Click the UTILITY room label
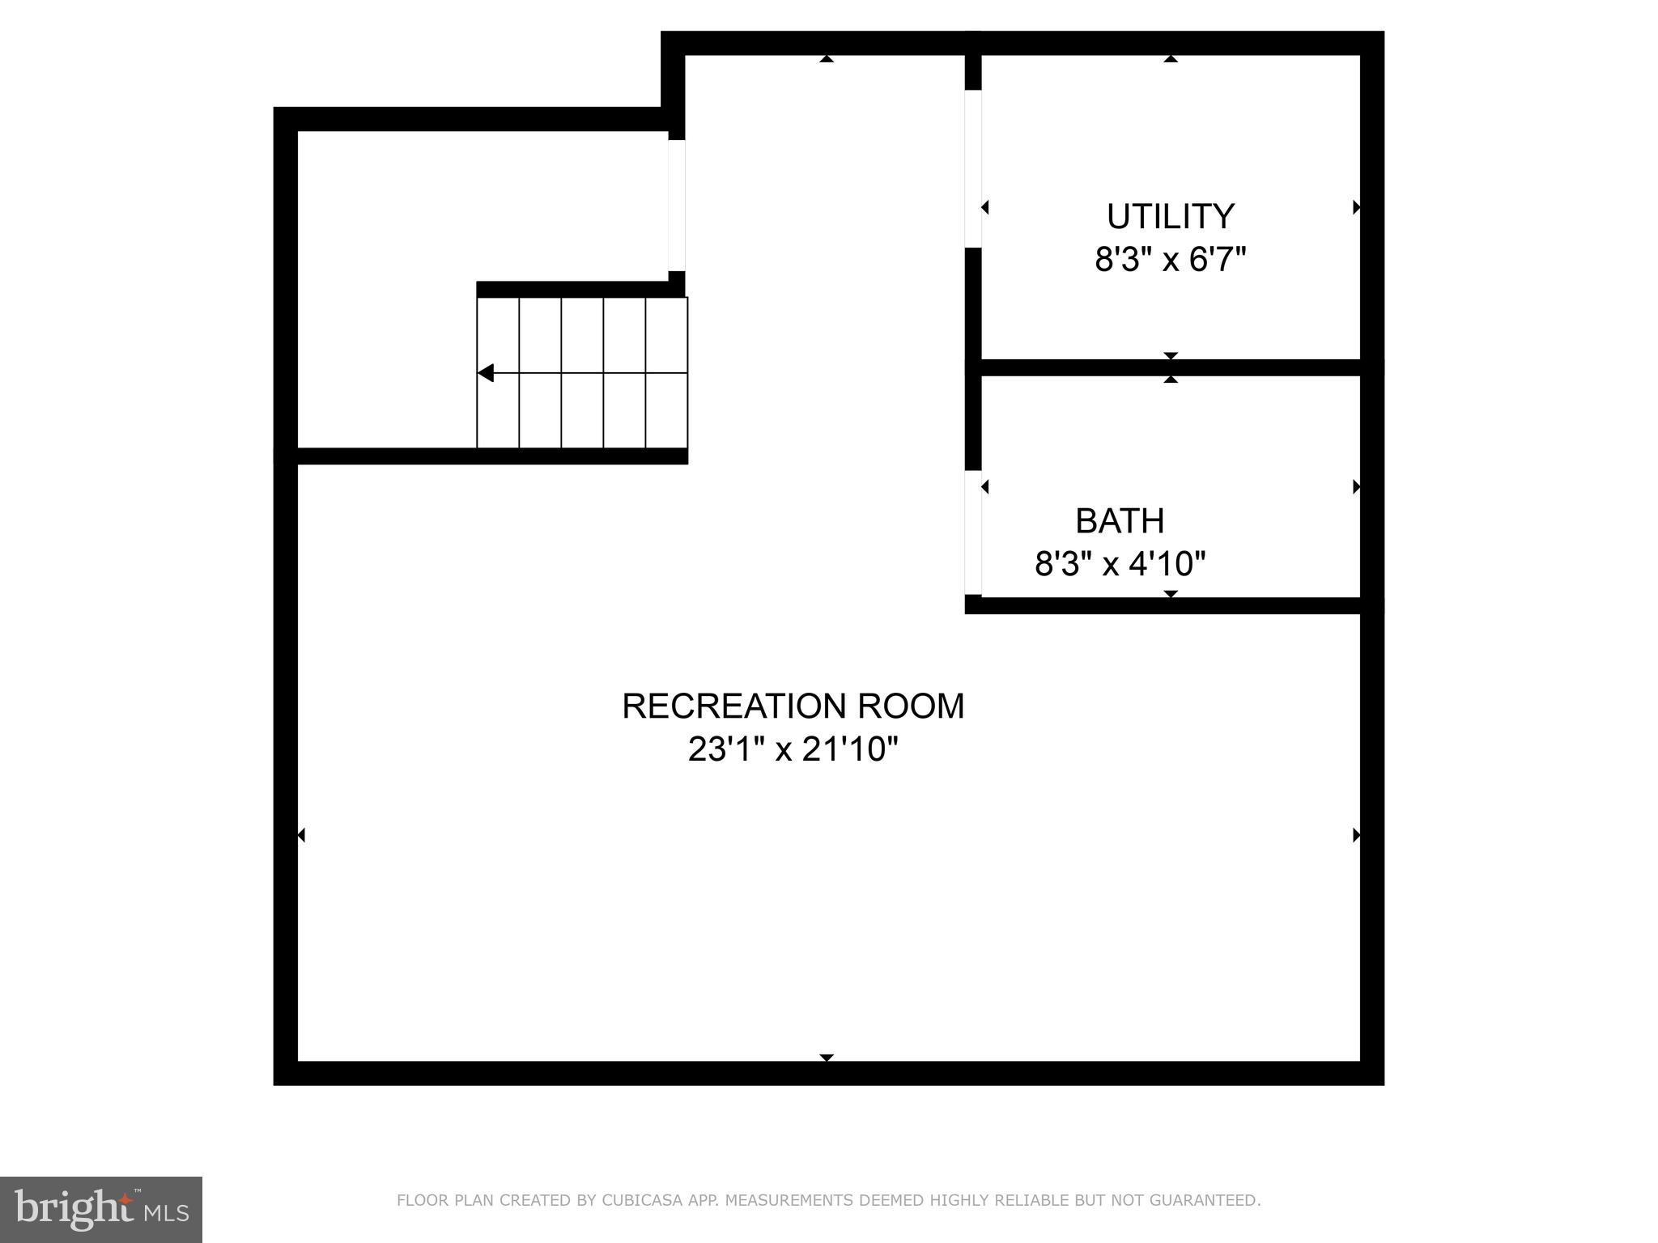pos(1170,217)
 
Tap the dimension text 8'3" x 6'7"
pos(1170,261)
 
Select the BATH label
pos(1120,521)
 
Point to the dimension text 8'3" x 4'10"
pos(1120,564)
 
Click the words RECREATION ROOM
pos(793,706)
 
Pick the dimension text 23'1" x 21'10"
pos(793,749)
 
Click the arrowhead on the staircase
pos(486,373)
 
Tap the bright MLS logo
pos(100,1209)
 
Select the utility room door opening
pos(973,168)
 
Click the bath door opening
pos(973,532)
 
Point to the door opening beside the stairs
pos(677,206)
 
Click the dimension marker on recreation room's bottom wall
pos(827,1058)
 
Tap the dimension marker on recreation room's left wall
pos(301,835)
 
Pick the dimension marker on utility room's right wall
pos(1357,208)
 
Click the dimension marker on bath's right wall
pos(1357,487)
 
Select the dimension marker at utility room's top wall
pos(1171,58)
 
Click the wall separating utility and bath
pos(1171,367)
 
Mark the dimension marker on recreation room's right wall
pos(1357,835)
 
